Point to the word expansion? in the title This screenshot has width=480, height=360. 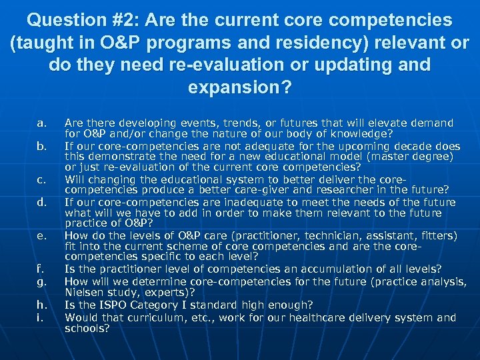tap(240, 88)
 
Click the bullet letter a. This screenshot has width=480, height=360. tap(42, 123)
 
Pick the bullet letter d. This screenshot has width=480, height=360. tap(42, 203)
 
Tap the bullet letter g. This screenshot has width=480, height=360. tap(42, 281)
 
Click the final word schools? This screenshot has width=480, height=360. tap(87, 328)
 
